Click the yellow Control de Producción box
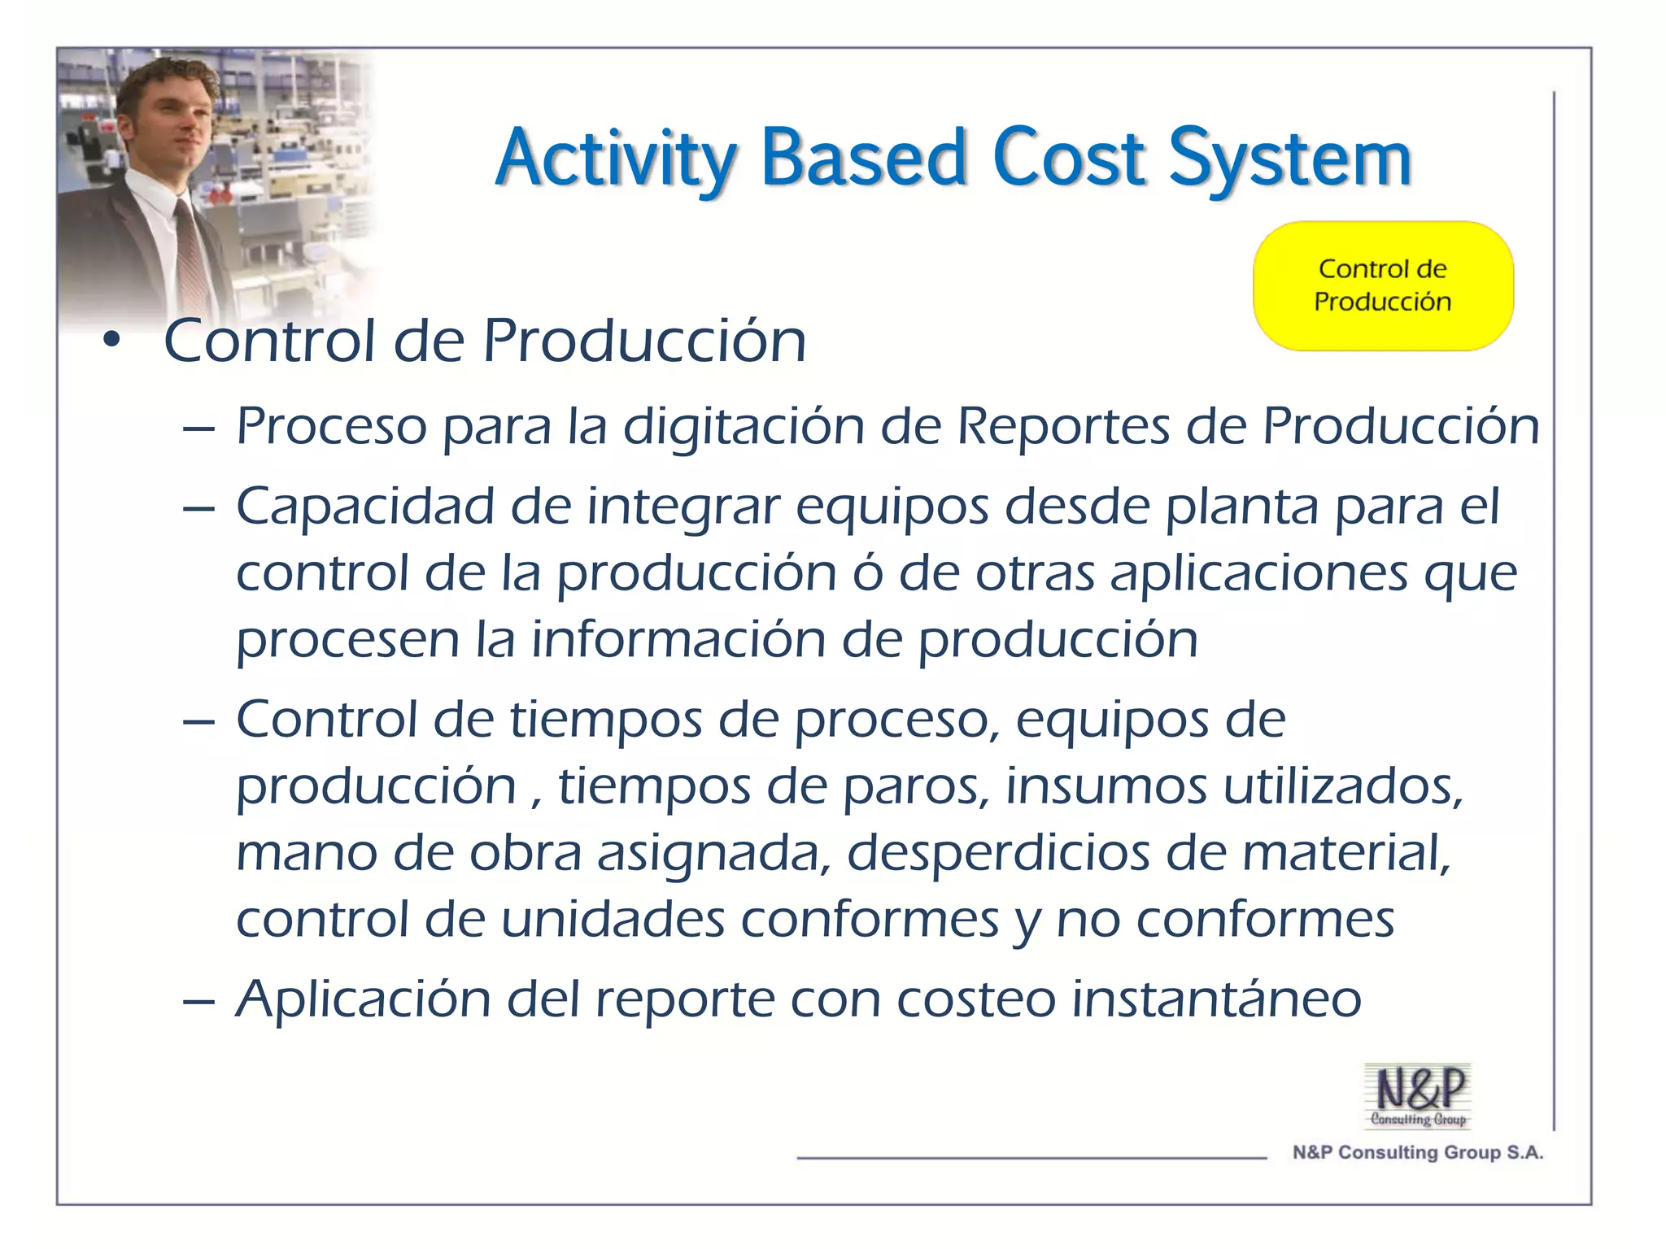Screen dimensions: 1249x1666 1382,285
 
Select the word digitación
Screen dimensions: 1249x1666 743,428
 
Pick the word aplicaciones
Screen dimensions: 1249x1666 1258,574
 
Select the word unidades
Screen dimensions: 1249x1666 612,920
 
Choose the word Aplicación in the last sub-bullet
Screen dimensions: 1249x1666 363,1000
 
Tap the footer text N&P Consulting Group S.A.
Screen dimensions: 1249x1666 1417,1152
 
